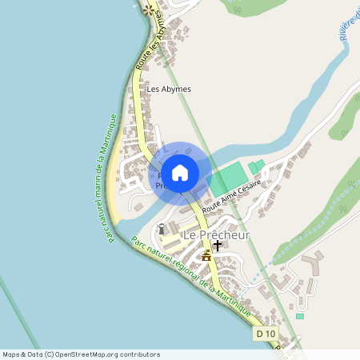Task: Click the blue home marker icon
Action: (180, 172)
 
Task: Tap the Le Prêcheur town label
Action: (217, 235)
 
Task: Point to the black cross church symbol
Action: (217, 246)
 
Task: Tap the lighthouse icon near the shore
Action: (162, 228)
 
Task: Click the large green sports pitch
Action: (230, 178)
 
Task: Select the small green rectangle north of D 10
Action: (300, 316)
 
